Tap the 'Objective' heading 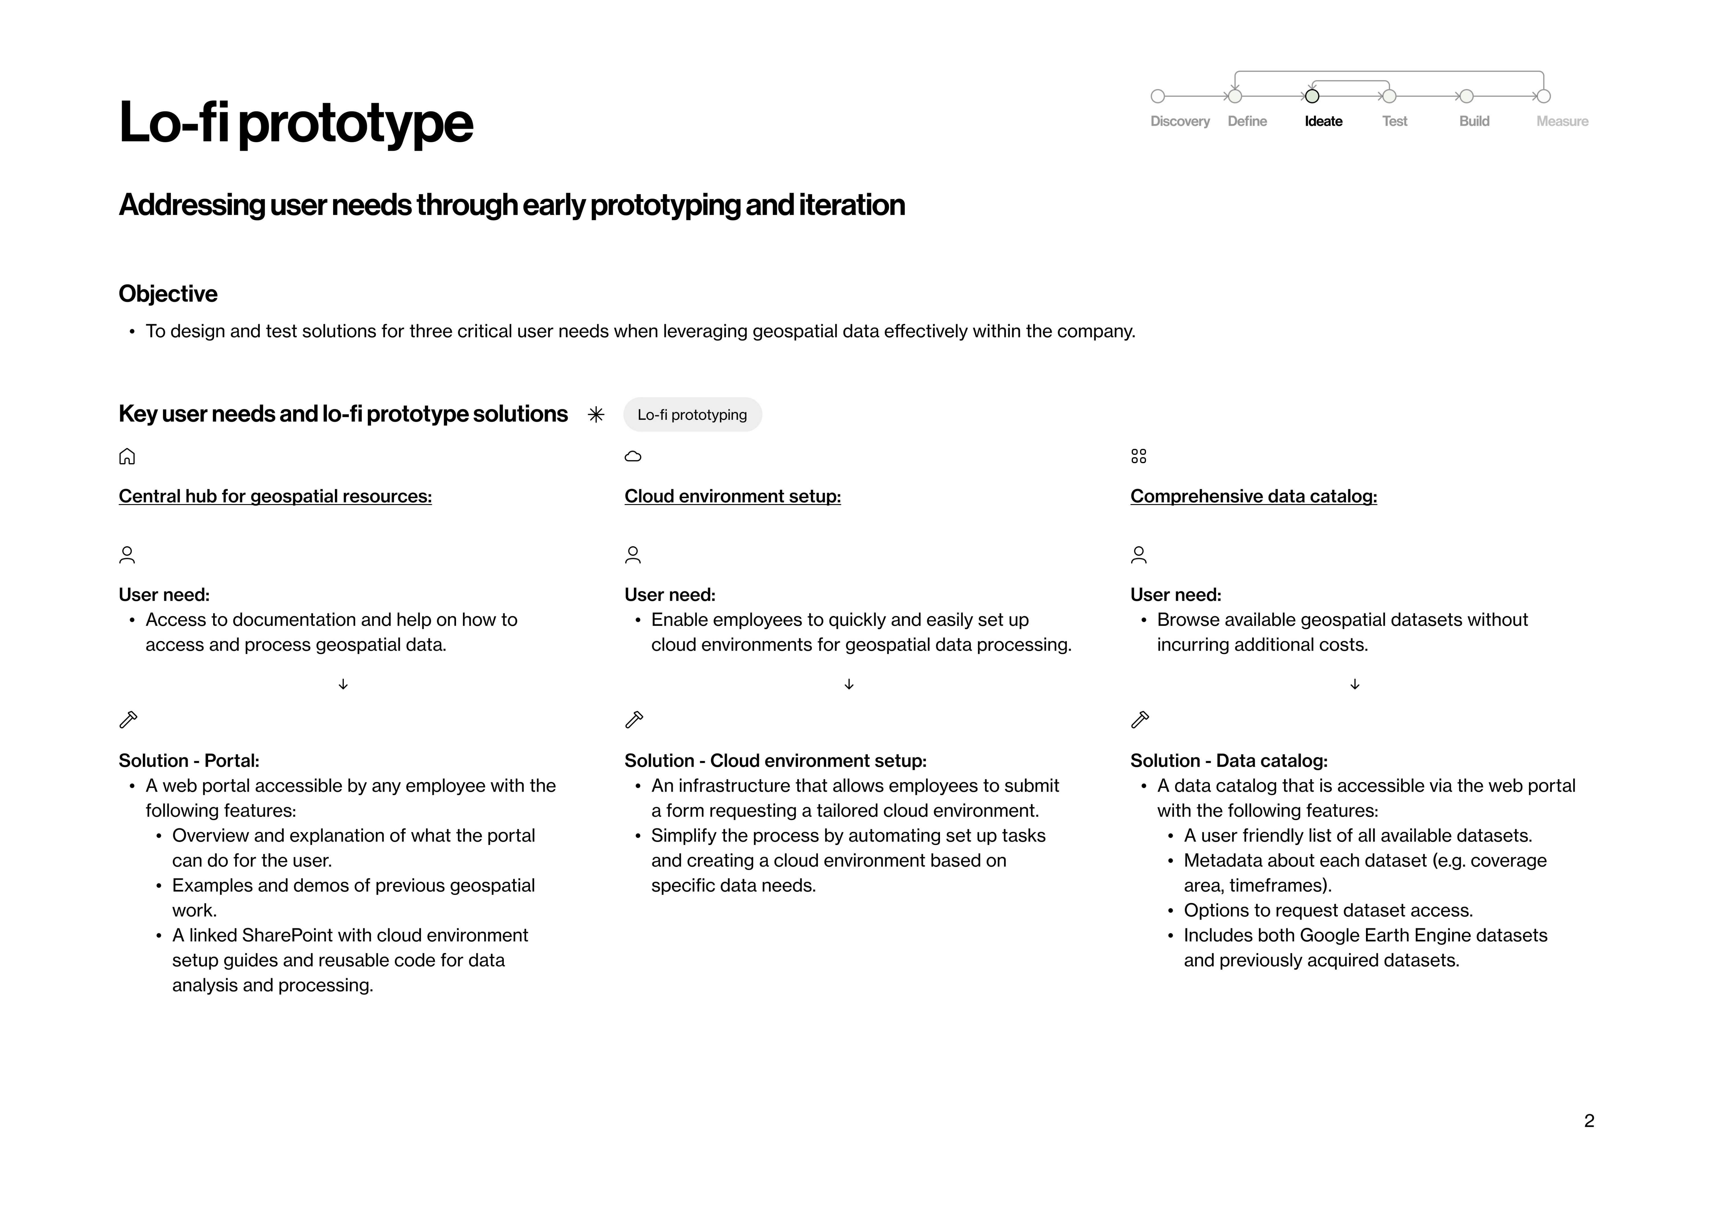pos(168,294)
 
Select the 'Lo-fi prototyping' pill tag pos(692,415)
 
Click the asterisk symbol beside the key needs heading pos(596,415)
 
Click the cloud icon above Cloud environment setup pos(633,456)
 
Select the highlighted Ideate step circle pos(1312,96)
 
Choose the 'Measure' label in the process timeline pos(1562,121)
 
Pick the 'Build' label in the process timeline pos(1473,121)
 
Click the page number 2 pos(1589,1121)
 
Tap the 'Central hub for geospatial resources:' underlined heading pos(275,496)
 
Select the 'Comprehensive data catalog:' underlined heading pos(1253,496)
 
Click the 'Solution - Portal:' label pos(189,761)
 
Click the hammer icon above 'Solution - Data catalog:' pos(1139,720)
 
